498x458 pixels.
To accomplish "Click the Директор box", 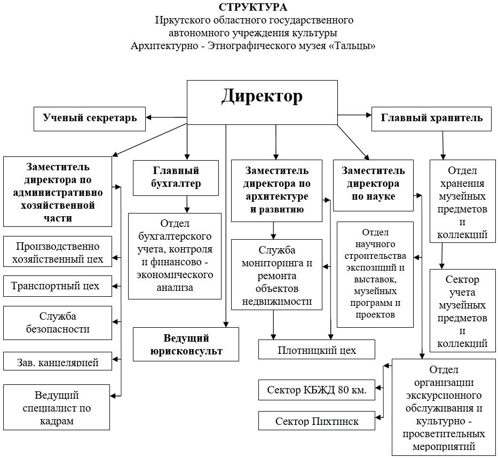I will point(262,102).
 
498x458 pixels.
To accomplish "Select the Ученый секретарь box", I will point(90,118).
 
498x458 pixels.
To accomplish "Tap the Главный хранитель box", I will point(431,118).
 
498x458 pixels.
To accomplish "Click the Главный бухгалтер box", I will point(176,177).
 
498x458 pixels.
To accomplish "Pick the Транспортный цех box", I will point(57,286).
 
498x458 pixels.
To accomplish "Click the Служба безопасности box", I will point(57,322).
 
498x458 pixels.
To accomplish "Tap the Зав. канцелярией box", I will point(57,361).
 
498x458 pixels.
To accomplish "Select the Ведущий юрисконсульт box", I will point(186,344).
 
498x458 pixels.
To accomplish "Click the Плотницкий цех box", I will point(317,350).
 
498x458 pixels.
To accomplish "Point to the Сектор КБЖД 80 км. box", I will point(317,390).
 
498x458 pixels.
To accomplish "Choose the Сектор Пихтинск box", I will point(317,421).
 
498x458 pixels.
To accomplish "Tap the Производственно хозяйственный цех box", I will point(57,252).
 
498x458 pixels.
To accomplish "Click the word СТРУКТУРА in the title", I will point(252,7).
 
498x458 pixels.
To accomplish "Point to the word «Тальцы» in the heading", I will point(353,46).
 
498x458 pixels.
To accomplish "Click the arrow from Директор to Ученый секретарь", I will point(166,117).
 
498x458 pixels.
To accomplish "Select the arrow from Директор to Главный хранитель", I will point(354,115).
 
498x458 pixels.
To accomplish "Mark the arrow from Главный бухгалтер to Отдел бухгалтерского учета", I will point(187,203).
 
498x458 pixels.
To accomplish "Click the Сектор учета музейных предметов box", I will point(462,311).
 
